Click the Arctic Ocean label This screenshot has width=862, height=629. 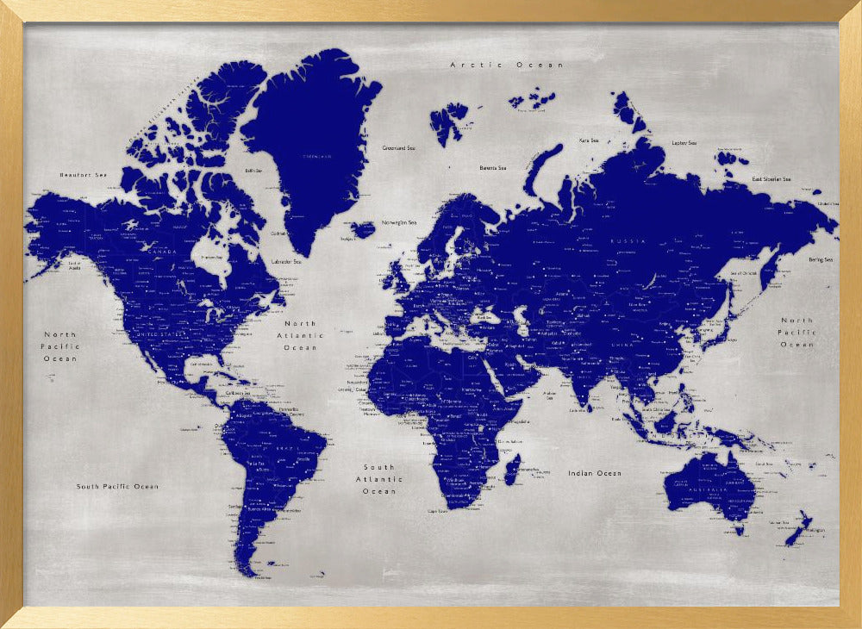(x=506, y=65)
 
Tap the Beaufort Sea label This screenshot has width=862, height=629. (x=83, y=175)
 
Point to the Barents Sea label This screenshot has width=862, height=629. (x=493, y=168)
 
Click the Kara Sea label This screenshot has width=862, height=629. (x=589, y=140)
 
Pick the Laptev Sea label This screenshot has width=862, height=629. (x=684, y=143)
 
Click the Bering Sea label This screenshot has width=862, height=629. (x=821, y=259)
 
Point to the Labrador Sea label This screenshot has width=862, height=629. (x=286, y=261)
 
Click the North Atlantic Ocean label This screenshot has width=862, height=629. (x=300, y=335)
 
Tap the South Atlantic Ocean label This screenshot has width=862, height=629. (x=379, y=479)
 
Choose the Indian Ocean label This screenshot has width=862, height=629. (x=594, y=473)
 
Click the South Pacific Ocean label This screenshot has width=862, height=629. (x=117, y=486)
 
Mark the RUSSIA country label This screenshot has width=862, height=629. (x=627, y=241)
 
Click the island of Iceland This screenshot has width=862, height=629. (x=363, y=229)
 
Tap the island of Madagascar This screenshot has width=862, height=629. (x=511, y=470)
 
